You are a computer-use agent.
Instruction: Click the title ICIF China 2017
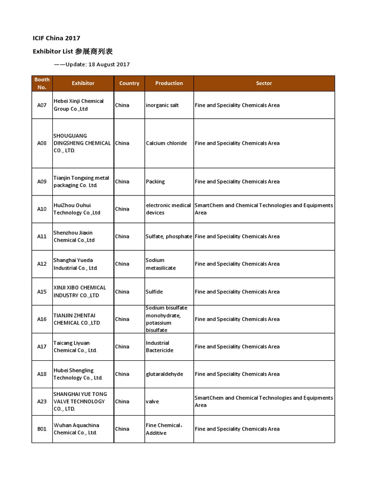pos(56,38)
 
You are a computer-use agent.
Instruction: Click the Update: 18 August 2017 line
pos(91,64)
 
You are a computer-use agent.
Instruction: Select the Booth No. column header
pos(42,83)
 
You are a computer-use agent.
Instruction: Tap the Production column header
pos(169,83)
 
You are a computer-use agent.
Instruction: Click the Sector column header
pos(264,83)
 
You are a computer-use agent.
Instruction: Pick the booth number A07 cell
pos(42,105)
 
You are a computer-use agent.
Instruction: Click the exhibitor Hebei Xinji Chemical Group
pos(78,105)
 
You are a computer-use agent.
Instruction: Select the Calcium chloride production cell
pos(166,143)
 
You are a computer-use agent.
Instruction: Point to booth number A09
pos(42,182)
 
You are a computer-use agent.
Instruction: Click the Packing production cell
pos(155,182)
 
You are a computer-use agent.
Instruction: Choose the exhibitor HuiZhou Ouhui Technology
pos(77,209)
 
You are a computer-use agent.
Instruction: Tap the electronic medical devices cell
pos(168,209)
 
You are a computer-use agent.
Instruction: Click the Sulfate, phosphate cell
pos(169,236)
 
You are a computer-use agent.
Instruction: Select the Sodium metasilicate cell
pos(160,264)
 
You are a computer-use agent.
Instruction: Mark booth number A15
pos(42,292)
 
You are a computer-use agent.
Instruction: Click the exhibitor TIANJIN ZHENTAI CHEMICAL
pos(77,319)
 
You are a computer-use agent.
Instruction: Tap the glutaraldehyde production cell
pos(164,374)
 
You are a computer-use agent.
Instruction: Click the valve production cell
pos(152,401)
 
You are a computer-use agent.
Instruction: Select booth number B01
pos(42,429)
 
